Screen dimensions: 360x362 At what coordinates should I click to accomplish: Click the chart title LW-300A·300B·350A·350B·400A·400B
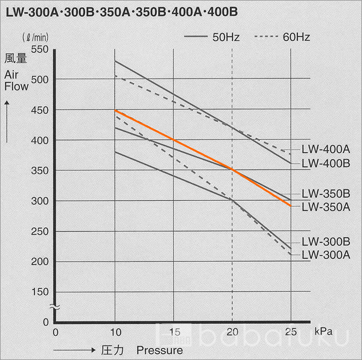(x=121, y=11)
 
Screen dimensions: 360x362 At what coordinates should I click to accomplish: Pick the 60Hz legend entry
(x=283, y=37)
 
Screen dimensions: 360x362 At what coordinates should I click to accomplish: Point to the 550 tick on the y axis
(x=39, y=49)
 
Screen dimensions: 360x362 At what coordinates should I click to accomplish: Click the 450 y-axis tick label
(x=39, y=110)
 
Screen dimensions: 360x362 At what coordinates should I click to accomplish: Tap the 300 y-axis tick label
(x=39, y=201)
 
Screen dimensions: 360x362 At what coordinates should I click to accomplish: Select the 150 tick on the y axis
(x=39, y=292)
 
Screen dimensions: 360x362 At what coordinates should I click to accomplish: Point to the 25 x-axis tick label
(x=291, y=332)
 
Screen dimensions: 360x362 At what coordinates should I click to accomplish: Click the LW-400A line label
(x=326, y=150)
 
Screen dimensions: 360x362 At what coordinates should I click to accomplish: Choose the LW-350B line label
(x=326, y=194)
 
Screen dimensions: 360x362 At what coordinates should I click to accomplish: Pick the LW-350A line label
(x=326, y=207)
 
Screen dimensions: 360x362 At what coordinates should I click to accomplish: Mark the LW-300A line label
(x=326, y=254)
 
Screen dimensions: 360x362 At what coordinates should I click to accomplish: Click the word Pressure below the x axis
(x=159, y=350)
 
